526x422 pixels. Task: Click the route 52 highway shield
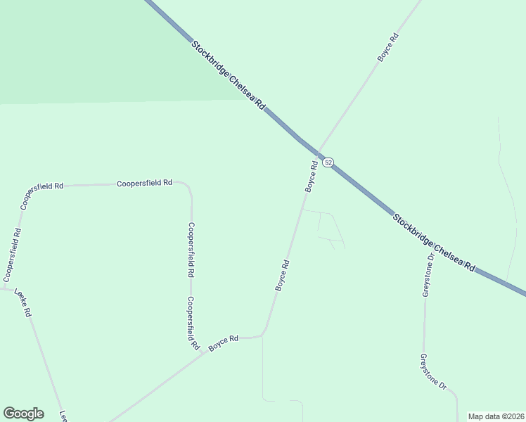click(x=328, y=162)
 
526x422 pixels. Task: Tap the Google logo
click(x=23, y=414)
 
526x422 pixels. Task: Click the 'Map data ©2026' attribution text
click(x=496, y=416)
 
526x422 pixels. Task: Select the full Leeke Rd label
click(x=23, y=303)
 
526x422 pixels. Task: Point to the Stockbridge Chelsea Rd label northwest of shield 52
click(x=228, y=74)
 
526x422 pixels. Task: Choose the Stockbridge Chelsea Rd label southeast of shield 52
click(x=434, y=243)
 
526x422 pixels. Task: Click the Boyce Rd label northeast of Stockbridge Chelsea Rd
click(x=388, y=48)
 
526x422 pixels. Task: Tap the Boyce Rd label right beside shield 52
click(x=311, y=177)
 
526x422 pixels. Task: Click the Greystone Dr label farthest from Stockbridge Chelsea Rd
click(x=432, y=372)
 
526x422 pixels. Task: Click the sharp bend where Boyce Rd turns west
click(x=263, y=333)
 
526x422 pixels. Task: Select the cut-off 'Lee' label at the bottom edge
click(x=63, y=416)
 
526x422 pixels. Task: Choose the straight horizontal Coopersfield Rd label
click(x=144, y=183)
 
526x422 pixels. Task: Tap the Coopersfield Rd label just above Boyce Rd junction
click(x=191, y=324)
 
